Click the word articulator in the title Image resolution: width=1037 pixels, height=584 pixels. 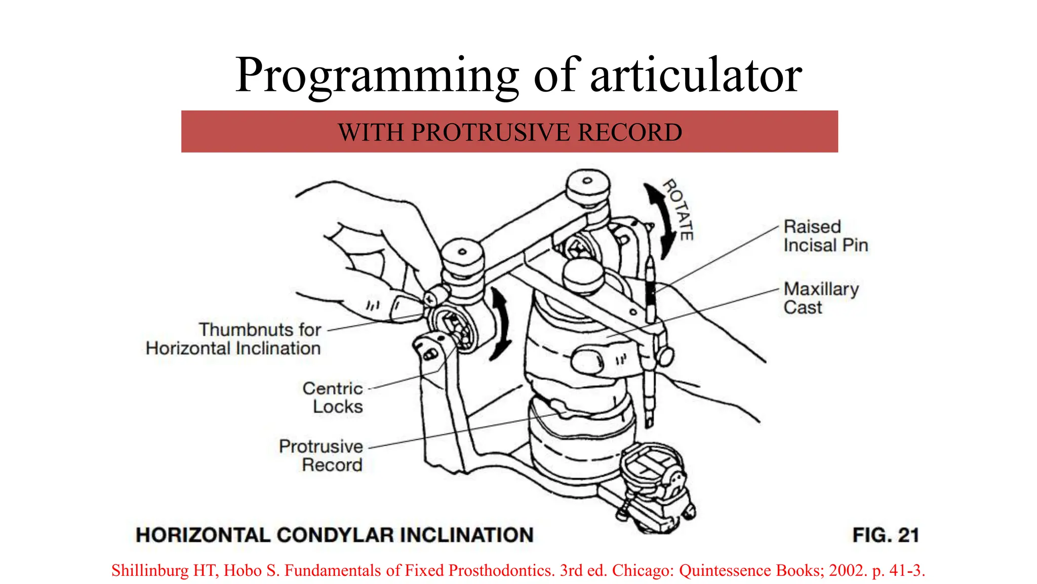click(696, 76)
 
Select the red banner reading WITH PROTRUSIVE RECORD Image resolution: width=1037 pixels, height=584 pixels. click(509, 132)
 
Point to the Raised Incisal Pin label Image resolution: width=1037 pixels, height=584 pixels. click(825, 236)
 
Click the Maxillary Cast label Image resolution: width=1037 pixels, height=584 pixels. click(820, 298)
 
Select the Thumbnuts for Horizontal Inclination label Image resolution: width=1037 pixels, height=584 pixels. click(234, 339)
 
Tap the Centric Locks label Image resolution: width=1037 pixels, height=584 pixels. click(333, 397)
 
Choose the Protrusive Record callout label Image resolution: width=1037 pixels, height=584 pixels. click(321, 455)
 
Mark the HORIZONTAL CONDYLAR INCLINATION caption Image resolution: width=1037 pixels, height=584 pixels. click(335, 535)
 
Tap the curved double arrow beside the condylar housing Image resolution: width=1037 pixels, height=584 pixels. click(501, 324)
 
